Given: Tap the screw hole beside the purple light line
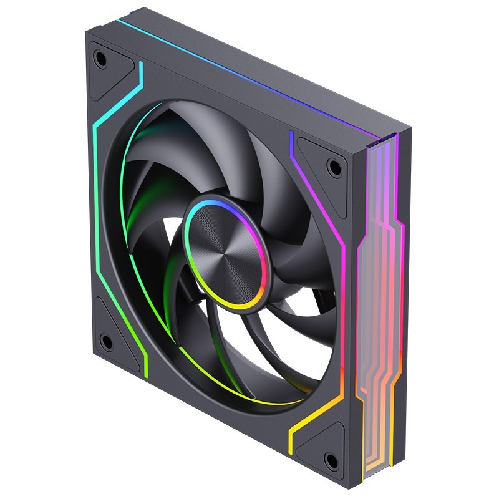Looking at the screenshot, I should [x=335, y=167].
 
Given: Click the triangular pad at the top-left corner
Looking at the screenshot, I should [x=107, y=69].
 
